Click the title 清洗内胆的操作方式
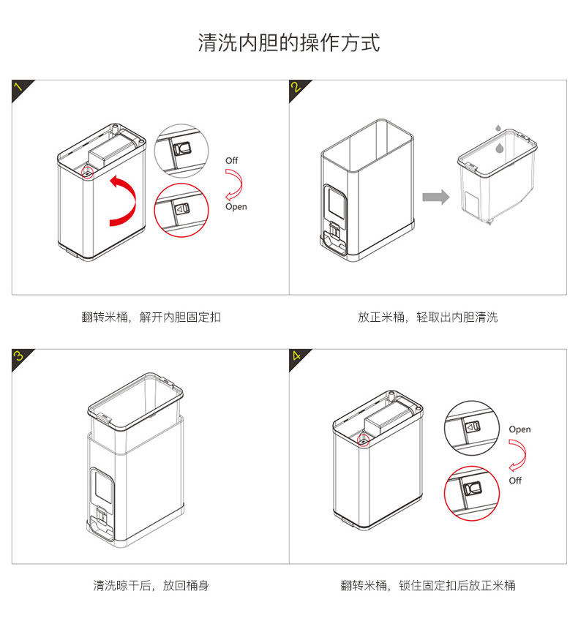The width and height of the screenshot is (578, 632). pyautogui.click(x=289, y=42)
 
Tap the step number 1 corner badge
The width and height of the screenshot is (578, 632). pyautogui.click(x=20, y=88)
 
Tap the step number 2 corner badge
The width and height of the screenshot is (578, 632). pyautogui.click(x=297, y=88)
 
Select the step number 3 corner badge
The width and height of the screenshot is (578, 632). pyautogui.click(x=20, y=357)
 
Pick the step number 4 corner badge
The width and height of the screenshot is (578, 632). pyautogui.click(x=297, y=357)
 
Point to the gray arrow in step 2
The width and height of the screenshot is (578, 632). pyautogui.click(x=435, y=197)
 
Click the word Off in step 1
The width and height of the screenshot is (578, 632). pyautogui.click(x=232, y=160)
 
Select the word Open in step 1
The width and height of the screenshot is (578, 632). pyautogui.click(x=236, y=207)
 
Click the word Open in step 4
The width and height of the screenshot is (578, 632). pyautogui.click(x=519, y=429)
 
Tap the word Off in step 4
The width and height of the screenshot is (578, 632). pyautogui.click(x=516, y=481)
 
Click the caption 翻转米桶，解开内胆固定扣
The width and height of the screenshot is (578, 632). pyautogui.click(x=151, y=317)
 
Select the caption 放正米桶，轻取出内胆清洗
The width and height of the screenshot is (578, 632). pyautogui.click(x=428, y=317)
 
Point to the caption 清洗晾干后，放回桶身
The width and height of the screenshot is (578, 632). pyautogui.click(x=151, y=585)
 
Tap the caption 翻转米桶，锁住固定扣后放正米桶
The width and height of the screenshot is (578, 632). pyautogui.click(x=428, y=585)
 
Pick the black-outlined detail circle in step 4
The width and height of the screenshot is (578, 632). pyautogui.click(x=472, y=426)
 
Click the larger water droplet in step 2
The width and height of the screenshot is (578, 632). pyautogui.click(x=500, y=148)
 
